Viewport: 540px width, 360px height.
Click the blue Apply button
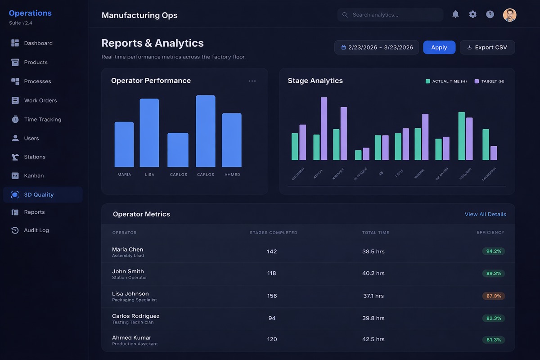click(439, 47)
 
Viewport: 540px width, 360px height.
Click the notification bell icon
click(455, 14)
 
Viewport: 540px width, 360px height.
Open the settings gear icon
click(472, 14)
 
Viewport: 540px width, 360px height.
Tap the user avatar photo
click(509, 15)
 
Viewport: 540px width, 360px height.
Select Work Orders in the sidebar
click(40, 100)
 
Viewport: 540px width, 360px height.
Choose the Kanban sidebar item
click(34, 175)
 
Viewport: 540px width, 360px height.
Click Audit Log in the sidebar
click(36, 230)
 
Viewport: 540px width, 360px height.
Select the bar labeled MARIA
click(124, 144)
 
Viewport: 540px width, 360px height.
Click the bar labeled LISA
click(149, 133)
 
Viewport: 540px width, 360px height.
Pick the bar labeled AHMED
click(232, 140)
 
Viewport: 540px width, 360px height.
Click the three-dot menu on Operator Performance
click(252, 81)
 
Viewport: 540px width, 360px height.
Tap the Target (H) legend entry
click(489, 81)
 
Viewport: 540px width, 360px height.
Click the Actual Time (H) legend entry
click(446, 81)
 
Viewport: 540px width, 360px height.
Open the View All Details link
click(485, 214)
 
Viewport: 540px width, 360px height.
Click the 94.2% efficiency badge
click(494, 251)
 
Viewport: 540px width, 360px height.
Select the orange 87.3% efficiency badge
click(494, 296)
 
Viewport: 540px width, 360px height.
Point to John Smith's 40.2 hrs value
click(373, 273)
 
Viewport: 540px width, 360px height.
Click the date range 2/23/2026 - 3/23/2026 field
click(377, 47)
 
